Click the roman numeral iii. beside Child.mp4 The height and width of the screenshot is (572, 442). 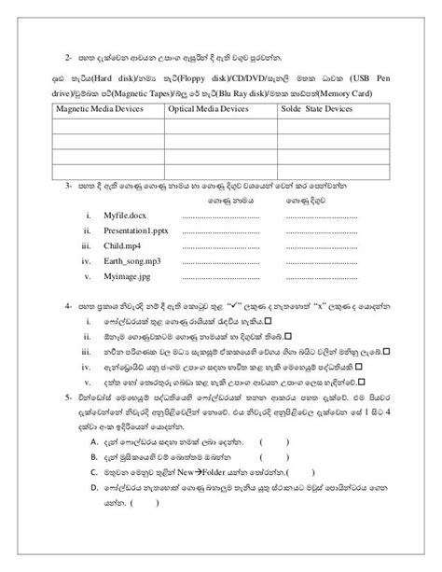(x=84, y=244)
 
